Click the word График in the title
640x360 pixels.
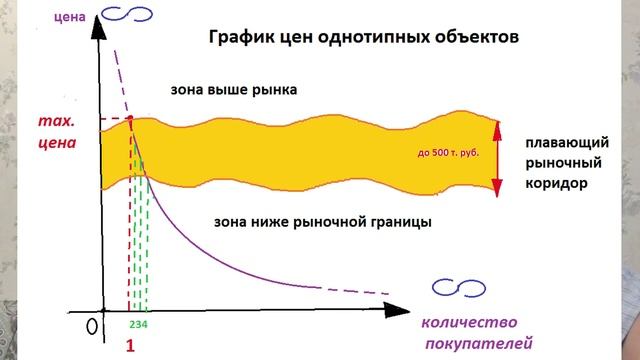click(x=242, y=39)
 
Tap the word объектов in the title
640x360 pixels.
click(x=479, y=39)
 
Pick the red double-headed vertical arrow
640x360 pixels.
click(x=497, y=154)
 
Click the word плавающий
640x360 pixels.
click(x=566, y=143)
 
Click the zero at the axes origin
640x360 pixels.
click(x=91, y=323)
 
